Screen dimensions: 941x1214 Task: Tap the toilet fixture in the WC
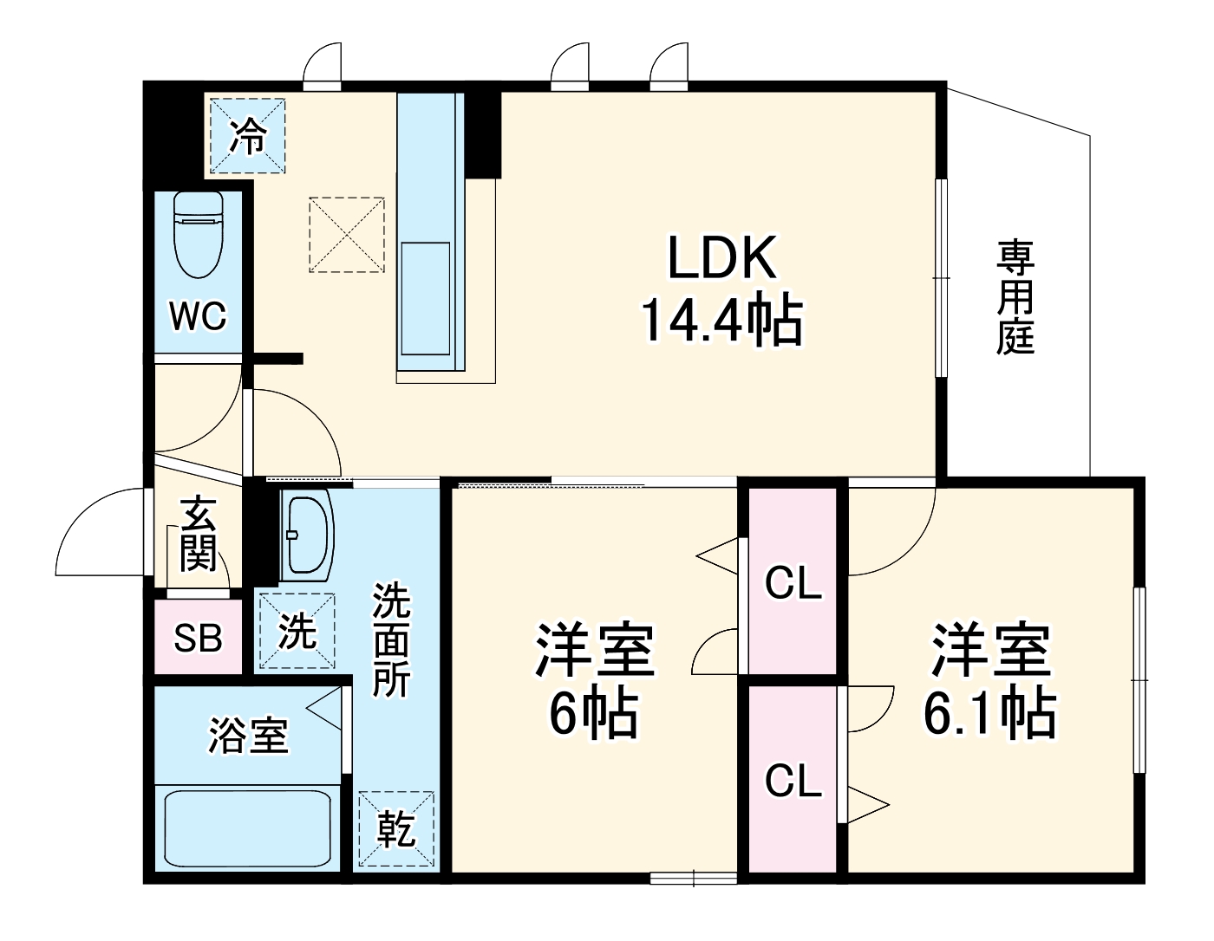coord(199,232)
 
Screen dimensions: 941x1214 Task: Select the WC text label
coord(199,316)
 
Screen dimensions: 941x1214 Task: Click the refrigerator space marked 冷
coord(247,136)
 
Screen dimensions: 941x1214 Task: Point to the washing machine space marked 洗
coord(297,631)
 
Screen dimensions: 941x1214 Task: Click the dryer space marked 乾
coord(396,828)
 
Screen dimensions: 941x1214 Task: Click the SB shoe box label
coord(198,639)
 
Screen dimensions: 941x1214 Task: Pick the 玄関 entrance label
coord(199,534)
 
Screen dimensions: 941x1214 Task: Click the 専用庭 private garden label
coord(1015,296)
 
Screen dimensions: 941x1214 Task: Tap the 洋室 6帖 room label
coord(594,679)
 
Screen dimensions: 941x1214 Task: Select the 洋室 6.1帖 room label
coord(989,679)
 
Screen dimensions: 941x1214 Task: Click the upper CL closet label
coord(793,583)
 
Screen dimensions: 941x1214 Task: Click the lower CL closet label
coord(793,782)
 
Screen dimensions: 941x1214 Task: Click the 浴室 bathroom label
coord(248,736)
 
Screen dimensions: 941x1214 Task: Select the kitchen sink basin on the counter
coord(425,298)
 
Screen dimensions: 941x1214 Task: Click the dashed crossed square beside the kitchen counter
coord(346,235)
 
